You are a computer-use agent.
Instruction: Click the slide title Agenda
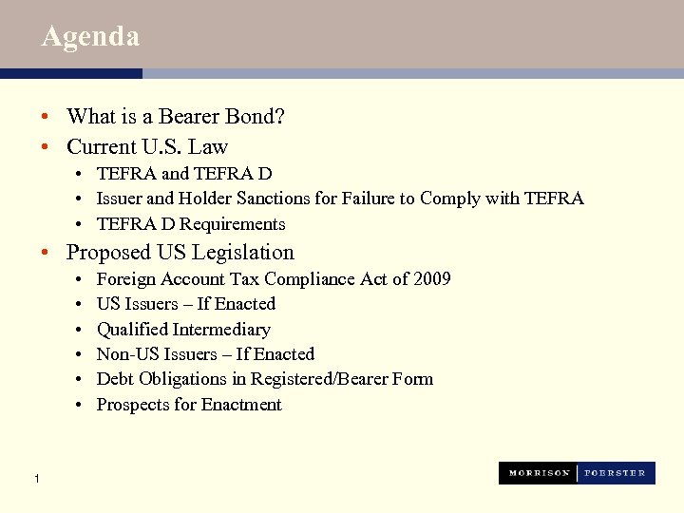(x=91, y=37)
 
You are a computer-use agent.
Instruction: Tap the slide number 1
(x=35, y=478)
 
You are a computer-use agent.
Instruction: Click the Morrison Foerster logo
(x=577, y=473)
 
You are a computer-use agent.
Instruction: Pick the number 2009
(x=431, y=279)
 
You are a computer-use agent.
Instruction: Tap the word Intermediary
(x=221, y=330)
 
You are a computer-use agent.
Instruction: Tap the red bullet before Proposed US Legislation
(x=45, y=253)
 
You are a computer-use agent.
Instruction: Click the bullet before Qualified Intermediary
(x=77, y=330)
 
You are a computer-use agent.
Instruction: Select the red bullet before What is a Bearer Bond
(x=45, y=117)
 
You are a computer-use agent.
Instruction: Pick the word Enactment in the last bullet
(x=241, y=405)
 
